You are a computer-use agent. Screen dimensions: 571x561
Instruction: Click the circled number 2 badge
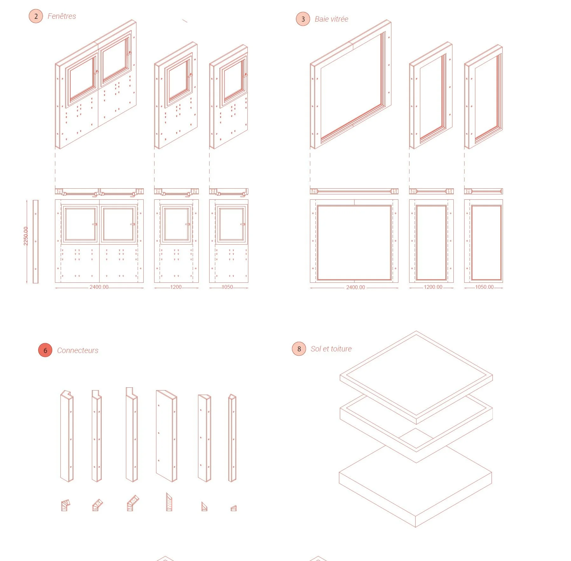tap(36, 16)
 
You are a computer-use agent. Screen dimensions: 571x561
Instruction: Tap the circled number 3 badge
tap(303, 19)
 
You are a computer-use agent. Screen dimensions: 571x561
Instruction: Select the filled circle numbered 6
tap(45, 350)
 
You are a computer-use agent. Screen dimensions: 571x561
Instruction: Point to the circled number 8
tap(299, 349)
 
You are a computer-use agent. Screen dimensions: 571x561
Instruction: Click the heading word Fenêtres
tap(62, 16)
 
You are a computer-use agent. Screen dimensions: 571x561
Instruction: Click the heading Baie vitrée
tap(331, 19)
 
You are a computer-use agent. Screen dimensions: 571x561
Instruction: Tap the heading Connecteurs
tap(78, 350)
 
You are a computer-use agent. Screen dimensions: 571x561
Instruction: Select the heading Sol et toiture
tap(331, 349)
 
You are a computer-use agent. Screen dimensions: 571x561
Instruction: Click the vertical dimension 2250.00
tap(26, 236)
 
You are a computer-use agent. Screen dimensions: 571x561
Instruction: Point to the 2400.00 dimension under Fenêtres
tap(99, 287)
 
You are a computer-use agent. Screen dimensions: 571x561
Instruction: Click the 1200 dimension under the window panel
tap(176, 287)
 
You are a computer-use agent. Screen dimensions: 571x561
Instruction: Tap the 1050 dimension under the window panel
tap(227, 287)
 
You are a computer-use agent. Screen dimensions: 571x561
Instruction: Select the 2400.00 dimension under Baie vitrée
tap(355, 287)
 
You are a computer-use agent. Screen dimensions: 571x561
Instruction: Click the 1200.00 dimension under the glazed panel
tap(433, 287)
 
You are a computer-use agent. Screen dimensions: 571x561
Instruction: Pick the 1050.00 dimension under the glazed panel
tap(484, 287)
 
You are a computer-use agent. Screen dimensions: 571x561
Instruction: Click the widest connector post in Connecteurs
tap(166, 436)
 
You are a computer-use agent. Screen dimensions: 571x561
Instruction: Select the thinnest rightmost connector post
tap(232, 438)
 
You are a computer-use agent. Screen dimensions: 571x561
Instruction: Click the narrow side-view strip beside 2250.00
tap(36, 241)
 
